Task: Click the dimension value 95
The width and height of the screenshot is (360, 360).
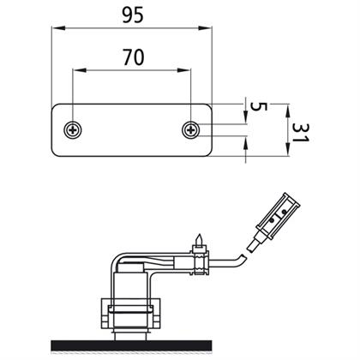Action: click(133, 15)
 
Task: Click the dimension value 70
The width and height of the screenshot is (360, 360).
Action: click(134, 57)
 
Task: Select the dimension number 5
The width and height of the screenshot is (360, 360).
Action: click(259, 107)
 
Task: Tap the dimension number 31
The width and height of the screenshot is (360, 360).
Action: click(301, 133)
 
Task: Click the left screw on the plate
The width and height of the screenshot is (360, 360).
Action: click(73, 130)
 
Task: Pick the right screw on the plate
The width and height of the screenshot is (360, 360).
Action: click(191, 130)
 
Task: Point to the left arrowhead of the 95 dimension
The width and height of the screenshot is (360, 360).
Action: click(58, 28)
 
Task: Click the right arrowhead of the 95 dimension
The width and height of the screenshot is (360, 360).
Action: click(205, 28)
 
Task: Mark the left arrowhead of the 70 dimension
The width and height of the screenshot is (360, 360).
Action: click(80, 70)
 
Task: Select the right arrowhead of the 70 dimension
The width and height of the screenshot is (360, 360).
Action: click(183, 70)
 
